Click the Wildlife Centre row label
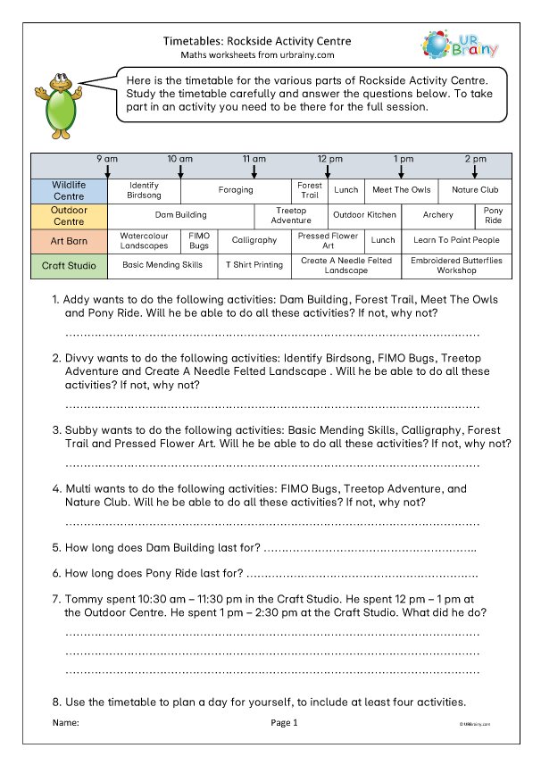[70, 190]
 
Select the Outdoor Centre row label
[70, 215]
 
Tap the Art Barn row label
[70, 240]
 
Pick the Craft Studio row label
[70, 265]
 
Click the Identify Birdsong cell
[144, 190]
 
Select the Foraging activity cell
[236, 190]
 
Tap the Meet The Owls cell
[401, 190]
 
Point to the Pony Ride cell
[494, 215]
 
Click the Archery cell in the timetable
[438, 215]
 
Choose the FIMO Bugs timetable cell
[199, 240]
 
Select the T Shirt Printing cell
[254, 265]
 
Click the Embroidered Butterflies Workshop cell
[456, 265]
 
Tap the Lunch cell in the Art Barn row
[383, 240]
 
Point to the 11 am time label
[255, 158]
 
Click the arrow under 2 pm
[475, 170]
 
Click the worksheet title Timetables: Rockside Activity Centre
[257, 41]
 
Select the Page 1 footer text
[284, 723]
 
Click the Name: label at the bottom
[66, 723]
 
